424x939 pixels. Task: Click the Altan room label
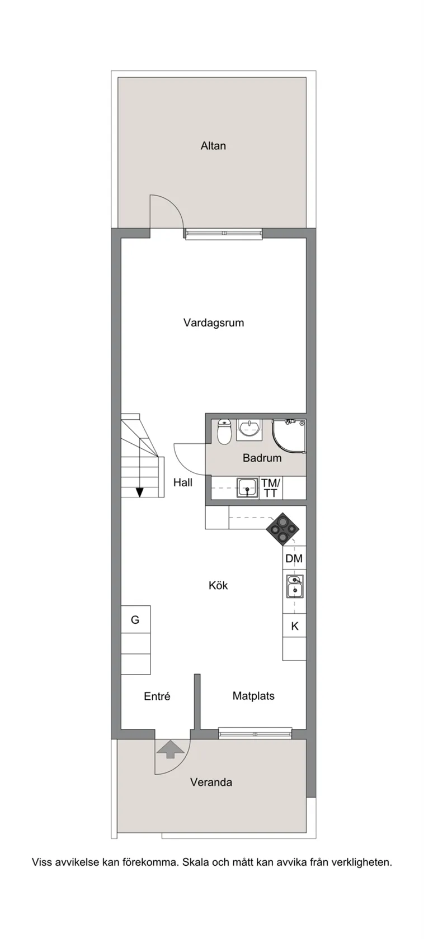[x=213, y=146]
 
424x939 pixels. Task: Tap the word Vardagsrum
[x=213, y=323]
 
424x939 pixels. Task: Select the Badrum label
[x=262, y=458]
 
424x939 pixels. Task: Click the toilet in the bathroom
[x=224, y=431]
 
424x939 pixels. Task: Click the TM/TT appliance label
[x=271, y=487]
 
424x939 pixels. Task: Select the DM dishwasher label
[x=294, y=558]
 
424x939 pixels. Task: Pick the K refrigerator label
[x=295, y=626]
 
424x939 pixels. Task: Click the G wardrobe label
[x=135, y=619]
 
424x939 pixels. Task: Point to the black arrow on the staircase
[x=139, y=492]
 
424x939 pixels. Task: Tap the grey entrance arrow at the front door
[x=170, y=748]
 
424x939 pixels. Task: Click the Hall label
[x=182, y=482]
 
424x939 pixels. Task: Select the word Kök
[x=218, y=585]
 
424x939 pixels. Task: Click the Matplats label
[x=253, y=696]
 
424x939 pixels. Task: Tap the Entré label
[x=157, y=696]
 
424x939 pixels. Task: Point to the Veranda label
[x=211, y=782]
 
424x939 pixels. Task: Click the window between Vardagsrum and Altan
[x=224, y=233]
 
